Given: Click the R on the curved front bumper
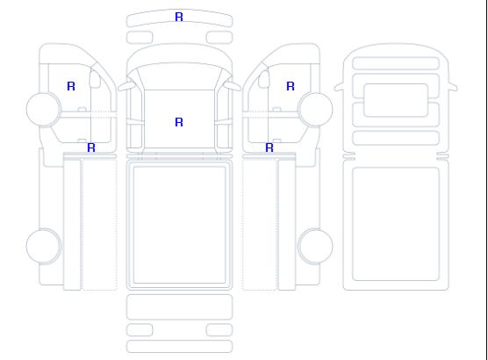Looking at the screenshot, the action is tap(179, 17).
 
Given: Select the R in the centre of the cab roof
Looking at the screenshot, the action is tap(179, 122).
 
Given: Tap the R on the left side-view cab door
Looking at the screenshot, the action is tap(71, 86).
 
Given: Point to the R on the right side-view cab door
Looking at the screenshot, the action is tap(291, 86).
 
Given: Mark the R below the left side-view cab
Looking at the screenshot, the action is tap(91, 148).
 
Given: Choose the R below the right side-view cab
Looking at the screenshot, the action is tap(269, 148).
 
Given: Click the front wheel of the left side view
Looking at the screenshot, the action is tap(44, 109).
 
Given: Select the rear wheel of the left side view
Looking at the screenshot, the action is tap(44, 246).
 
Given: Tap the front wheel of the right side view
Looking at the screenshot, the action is tap(315, 109).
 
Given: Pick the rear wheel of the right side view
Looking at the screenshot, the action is tap(315, 246).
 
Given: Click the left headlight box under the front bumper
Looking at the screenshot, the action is tap(140, 38).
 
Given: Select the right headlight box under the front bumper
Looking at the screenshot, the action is tap(219, 38).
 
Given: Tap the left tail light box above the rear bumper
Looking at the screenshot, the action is tap(140, 330).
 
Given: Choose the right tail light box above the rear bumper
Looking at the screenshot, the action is tap(219, 330).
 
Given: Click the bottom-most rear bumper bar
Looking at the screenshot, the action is tap(179, 347).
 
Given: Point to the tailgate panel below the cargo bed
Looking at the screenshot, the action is tap(179, 307).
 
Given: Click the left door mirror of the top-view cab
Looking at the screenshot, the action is tap(126, 86).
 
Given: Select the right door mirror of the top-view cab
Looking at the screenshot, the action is tap(233, 86).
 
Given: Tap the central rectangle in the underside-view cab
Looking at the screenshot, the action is tap(396, 100).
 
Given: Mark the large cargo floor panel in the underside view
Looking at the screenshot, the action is tap(396, 224).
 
